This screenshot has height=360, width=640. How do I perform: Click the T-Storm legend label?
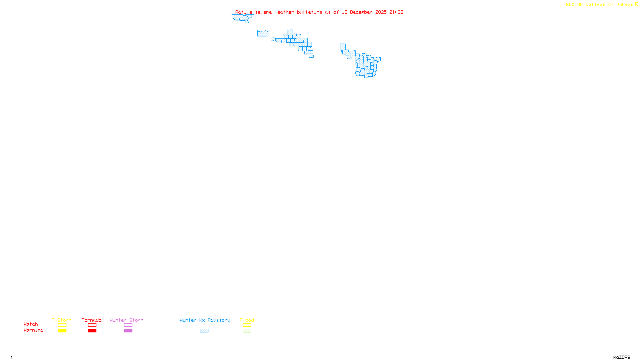62,320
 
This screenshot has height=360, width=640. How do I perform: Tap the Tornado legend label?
92,320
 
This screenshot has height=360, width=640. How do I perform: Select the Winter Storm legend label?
126,320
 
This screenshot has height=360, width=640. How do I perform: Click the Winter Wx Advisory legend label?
205,320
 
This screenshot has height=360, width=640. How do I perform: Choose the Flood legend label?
247,320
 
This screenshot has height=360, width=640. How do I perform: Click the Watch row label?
31,324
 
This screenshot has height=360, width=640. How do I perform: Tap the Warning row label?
33,330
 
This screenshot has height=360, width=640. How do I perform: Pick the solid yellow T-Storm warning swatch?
62,331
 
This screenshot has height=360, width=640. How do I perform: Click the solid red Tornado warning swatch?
92,331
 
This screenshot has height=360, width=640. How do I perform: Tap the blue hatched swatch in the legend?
204,331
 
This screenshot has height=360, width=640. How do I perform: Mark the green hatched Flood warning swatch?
247,331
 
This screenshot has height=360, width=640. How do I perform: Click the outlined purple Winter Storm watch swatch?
128,325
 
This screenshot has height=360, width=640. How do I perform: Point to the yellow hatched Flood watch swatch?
247,325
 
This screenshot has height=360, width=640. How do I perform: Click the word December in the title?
361,12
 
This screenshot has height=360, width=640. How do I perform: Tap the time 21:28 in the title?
396,12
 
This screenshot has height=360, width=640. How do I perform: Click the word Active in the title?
244,12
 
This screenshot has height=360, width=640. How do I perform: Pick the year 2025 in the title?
381,12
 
